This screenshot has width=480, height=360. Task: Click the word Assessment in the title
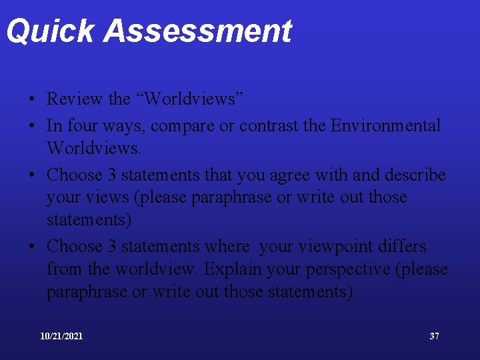(198, 31)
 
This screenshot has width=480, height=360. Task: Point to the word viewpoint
(337, 246)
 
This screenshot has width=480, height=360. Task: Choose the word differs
(402, 246)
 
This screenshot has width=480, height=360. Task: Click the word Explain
(232, 270)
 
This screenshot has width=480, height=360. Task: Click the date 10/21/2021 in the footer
(61, 336)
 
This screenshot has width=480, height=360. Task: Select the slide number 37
(434, 336)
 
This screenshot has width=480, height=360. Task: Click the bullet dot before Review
(32, 100)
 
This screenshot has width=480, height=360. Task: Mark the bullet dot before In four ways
(32, 126)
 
